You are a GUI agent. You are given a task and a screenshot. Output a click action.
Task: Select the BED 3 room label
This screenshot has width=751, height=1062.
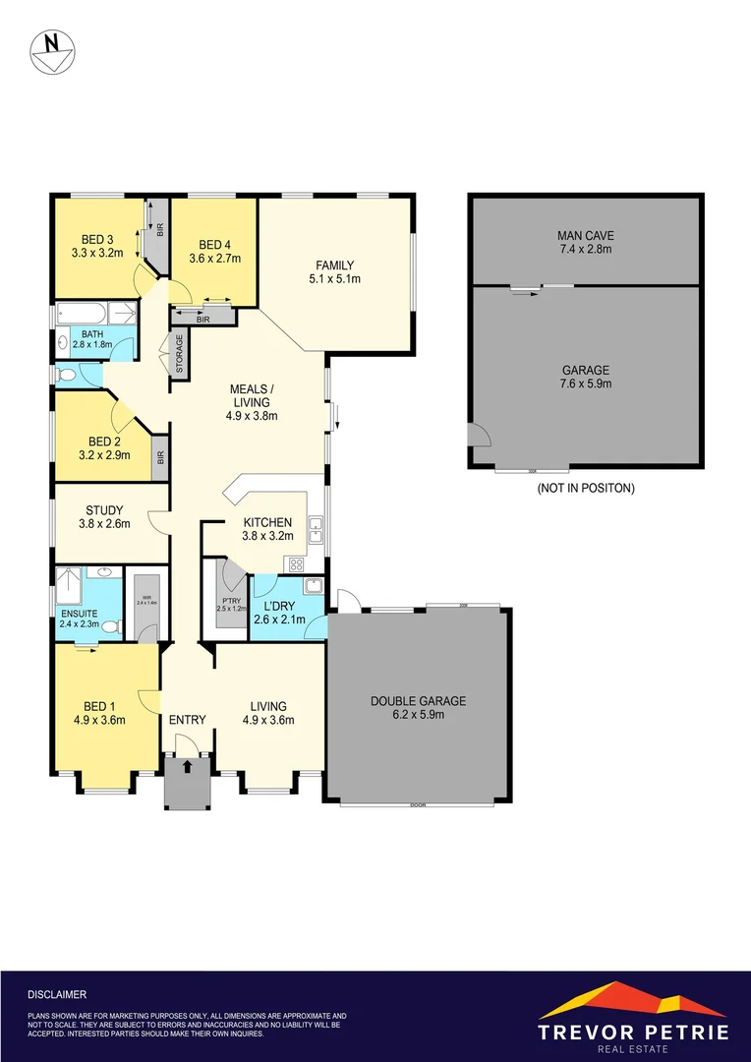pyautogui.click(x=96, y=239)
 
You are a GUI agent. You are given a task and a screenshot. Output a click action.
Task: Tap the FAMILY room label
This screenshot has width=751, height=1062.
pyautogui.click(x=334, y=265)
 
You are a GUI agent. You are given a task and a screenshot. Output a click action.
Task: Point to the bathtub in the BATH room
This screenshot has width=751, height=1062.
pyautogui.click(x=85, y=315)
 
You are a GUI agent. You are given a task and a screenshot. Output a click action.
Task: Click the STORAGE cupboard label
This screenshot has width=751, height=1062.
pyautogui.click(x=180, y=350)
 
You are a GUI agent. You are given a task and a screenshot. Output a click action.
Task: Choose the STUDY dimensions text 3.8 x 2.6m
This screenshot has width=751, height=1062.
pyautogui.click(x=103, y=523)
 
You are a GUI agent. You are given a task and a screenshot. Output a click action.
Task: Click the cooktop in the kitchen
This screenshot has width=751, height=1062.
pyautogui.click(x=294, y=564)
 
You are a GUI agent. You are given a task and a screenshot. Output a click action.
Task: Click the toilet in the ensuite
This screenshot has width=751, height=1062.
pyautogui.click(x=111, y=626)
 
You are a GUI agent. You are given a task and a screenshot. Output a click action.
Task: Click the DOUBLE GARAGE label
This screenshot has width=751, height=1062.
pyautogui.click(x=418, y=701)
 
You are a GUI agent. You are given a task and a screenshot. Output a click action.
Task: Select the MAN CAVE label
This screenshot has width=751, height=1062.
pyautogui.click(x=585, y=236)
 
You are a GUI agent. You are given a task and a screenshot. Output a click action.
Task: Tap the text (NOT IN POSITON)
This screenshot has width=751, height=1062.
pyautogui.click(x=585, y=488)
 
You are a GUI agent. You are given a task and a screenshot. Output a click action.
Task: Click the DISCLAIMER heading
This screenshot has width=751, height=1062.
pyautogui.click(x=57, y=994)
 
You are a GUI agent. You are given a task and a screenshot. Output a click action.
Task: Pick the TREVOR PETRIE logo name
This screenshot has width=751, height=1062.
pyautogui.click(x=633, y=1032)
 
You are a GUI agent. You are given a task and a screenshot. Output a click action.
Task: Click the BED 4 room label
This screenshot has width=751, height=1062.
pyautogui.click(x=214, y=245)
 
